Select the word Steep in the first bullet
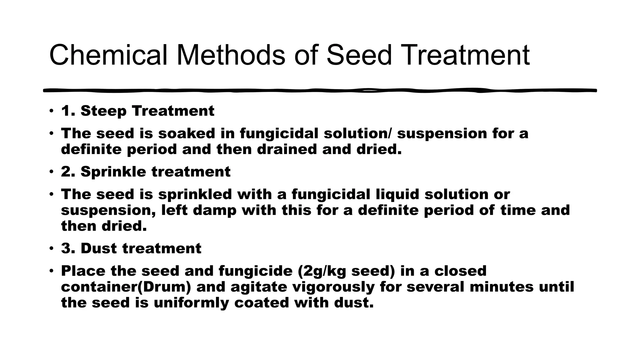103,111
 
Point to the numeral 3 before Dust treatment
66,248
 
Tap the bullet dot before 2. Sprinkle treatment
51,172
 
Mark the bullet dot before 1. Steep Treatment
51,111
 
